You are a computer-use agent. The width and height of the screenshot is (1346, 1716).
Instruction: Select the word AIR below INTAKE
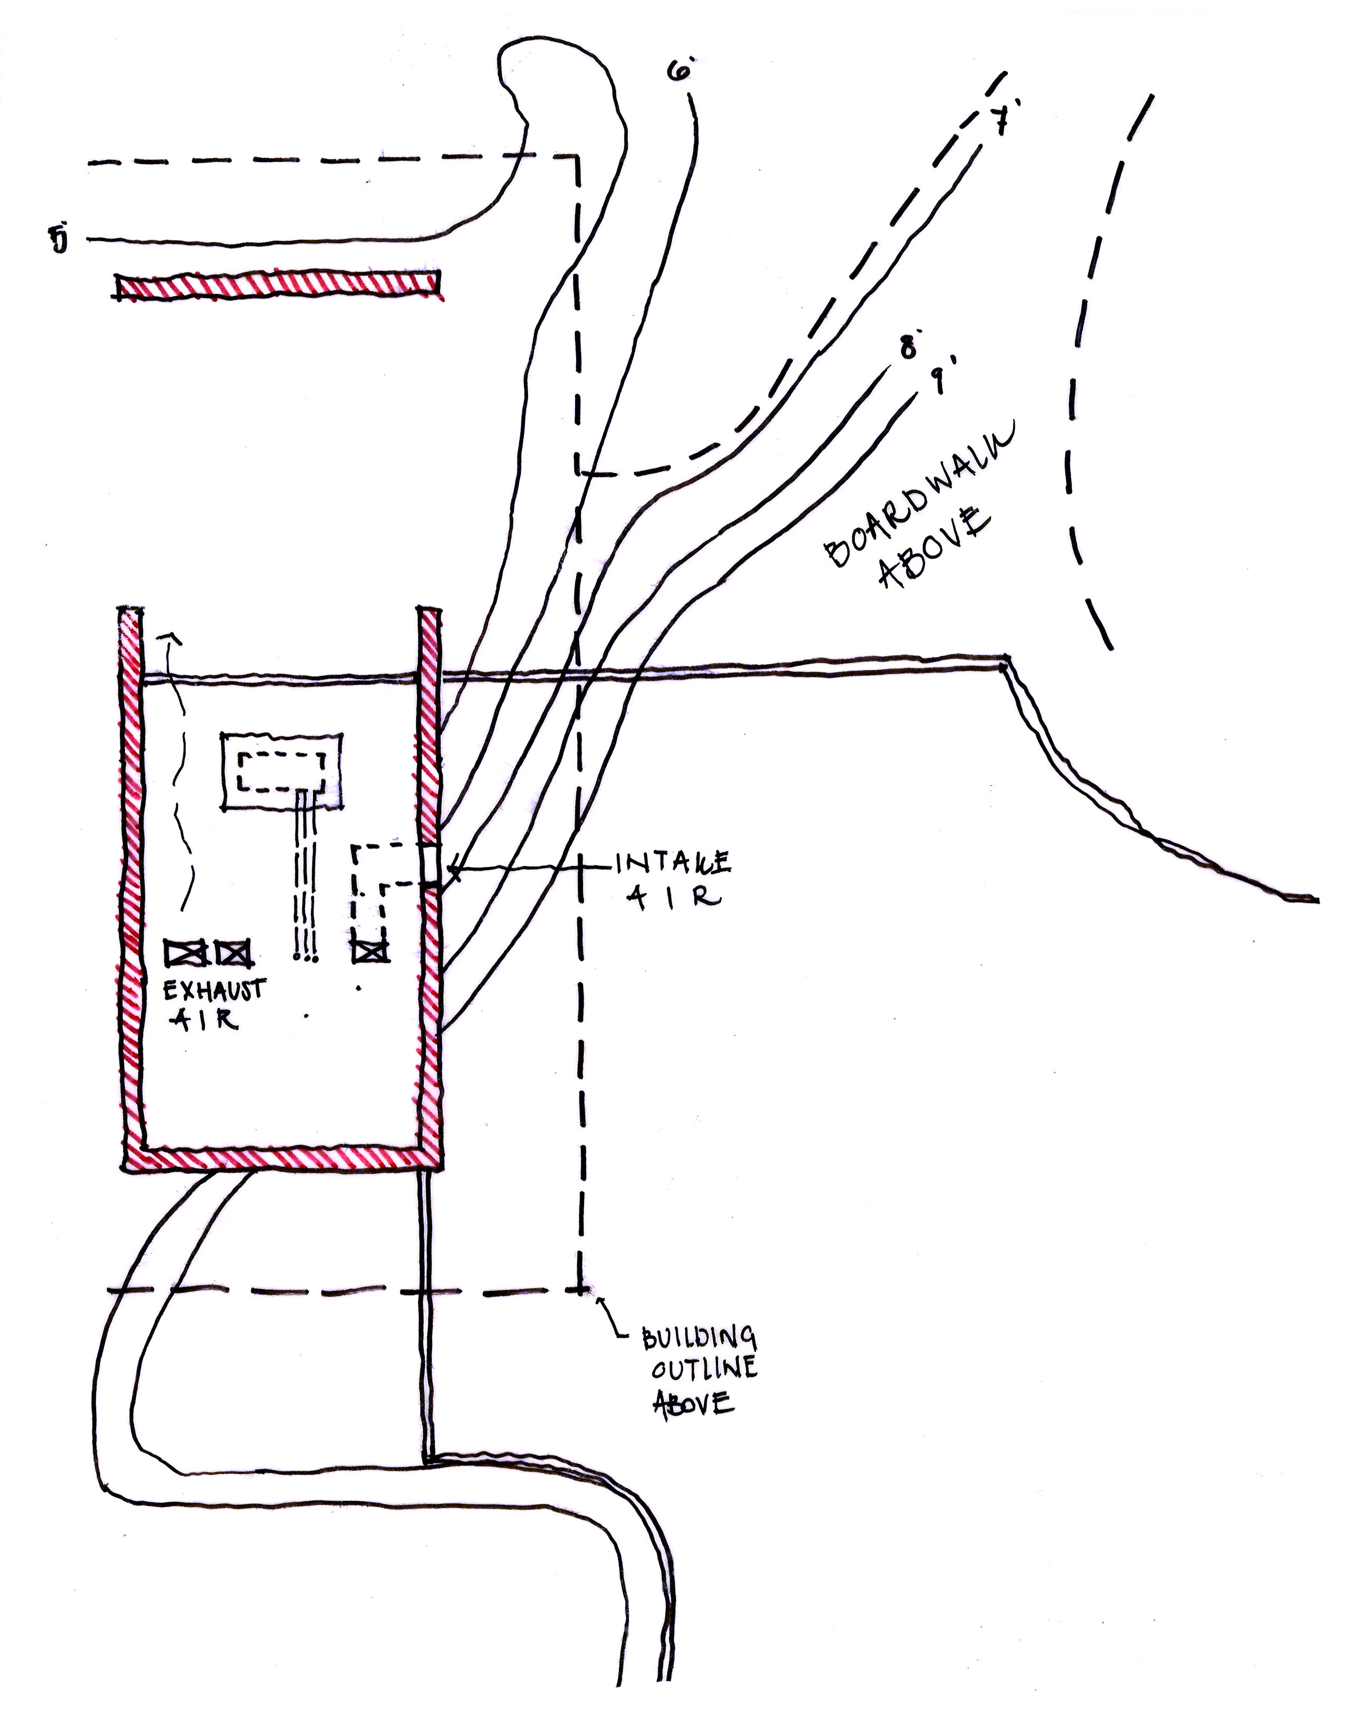pyautogui.click(x=677, y=898)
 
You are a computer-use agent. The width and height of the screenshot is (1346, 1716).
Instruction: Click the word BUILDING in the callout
pyautogui.click(x=698, y=1338)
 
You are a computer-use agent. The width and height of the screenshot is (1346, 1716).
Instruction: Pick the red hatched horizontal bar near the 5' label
pyautogui.click(x=278, y=285)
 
